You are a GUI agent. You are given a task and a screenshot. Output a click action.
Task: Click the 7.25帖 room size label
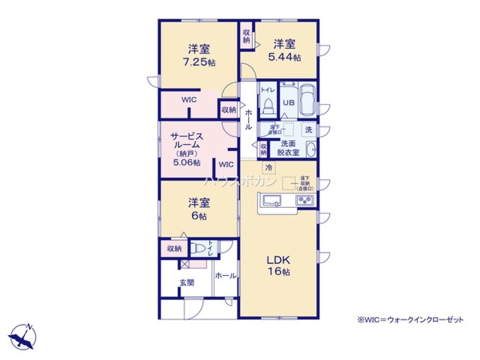pyautogui.click(x=198, y=62)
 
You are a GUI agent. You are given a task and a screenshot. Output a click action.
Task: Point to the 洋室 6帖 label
pyautogui.click(x=198, y=209)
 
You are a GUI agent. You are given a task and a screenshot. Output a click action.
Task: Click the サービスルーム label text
pyautogui.click(x=188, y=140)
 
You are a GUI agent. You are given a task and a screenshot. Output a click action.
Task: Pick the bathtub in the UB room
pyautogui.click(x=307, y=100)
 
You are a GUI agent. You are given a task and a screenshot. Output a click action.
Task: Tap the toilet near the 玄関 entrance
pyautogui.click(x=199, y=248)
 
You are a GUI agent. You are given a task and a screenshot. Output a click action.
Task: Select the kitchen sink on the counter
pyautogui.click(x=272, y=201)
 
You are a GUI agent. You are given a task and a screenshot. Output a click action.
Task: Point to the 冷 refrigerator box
pyautogui.click(x=269, y=168)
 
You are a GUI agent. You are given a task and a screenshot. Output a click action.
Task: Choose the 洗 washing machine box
pyautogui.click(x=309, y=130)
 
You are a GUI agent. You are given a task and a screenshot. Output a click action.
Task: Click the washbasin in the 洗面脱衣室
pyautogui.click(x=311, y=150)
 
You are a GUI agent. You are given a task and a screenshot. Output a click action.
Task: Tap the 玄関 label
pyautogui.click(x=187, y=283)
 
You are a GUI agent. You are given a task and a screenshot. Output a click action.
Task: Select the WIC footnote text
pyautogui.click(x=410, y=320)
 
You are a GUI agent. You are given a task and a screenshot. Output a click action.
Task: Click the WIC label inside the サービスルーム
pyautogui.click(x=226, y=164)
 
